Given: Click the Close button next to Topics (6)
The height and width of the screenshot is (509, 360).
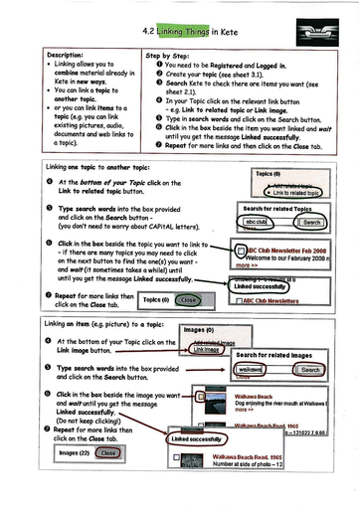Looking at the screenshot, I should pyautogui.click(x=189, y=299).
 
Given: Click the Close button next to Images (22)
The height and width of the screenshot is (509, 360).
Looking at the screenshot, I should pyautogui.click(x=108, y=452).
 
